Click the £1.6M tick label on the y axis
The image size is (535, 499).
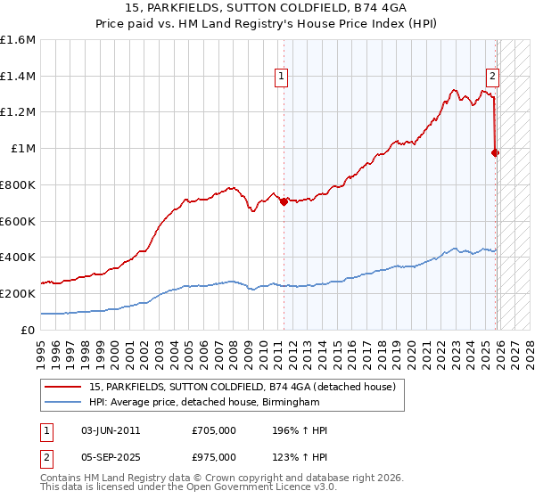(x=18, y=40)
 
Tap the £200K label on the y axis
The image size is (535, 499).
(x=18, y=293)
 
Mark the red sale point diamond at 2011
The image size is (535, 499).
(x=284, y=201)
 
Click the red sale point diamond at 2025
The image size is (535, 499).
(x=496, y=152)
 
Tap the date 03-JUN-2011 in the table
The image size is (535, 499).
(x=111, y=430)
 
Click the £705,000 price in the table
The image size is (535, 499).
(x=214, y=430)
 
